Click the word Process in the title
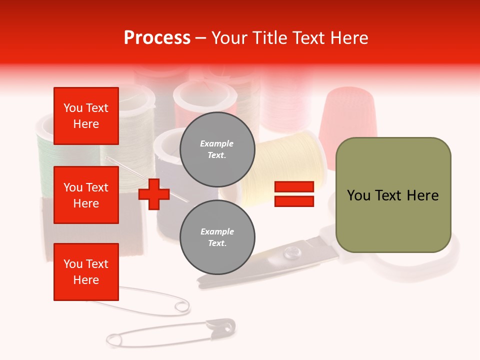pyautogui.click(x=157, y=38)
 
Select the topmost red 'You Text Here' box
pyautogui.click(x=86, y=116)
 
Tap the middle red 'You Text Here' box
pyautogui.click(x=86, y=195)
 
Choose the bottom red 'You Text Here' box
pyautogui.click(x=86, y=272)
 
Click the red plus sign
pyautogui.click(x=154, y=193)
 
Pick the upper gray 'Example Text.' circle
pyautogui.click(x=217, y=149)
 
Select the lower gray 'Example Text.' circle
pyautogui.click(x=217, y=237)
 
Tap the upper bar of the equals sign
pyautogui.click(x=294, y=186)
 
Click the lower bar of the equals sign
pyautogui.click(x=294, y=201)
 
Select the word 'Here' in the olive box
pyautogui.click(x=422, y=195)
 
